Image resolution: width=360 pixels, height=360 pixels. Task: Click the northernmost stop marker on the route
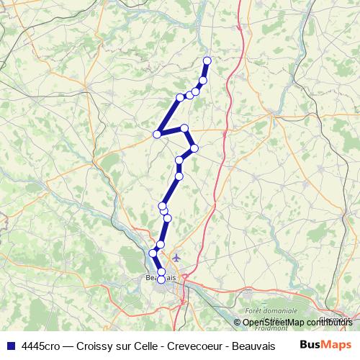[x=207, y=60]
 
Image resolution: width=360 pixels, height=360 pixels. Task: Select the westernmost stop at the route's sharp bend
[x=157, y=134]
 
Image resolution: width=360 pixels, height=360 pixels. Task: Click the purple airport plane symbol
[x=176, y=258]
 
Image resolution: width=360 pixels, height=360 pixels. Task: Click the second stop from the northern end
[x=203, y=80]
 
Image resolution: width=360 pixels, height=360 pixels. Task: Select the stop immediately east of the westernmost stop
[x=185, y=128]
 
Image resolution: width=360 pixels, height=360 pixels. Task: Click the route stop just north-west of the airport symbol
[x=160, y=245]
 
